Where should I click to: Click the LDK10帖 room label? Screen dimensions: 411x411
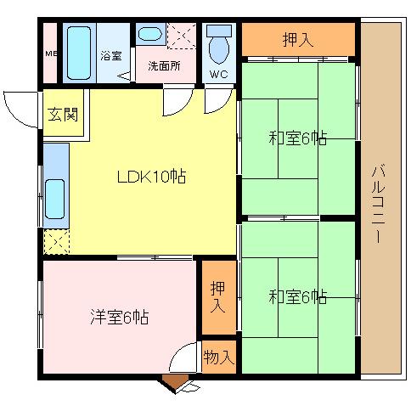point(152,177)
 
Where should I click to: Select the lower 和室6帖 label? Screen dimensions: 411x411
point(299,296)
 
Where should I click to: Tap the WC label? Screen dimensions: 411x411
point(218,75)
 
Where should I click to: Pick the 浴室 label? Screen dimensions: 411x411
point(110,57)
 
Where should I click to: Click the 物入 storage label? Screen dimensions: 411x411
point(219,358)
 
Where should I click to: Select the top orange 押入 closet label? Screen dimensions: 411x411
point(297,39)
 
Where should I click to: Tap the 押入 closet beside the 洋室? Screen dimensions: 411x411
point(218,296)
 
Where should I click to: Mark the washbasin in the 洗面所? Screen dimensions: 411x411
point(149,35)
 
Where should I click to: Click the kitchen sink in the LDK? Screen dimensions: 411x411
point(55,202)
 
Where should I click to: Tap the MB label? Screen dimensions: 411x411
point(50,56)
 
